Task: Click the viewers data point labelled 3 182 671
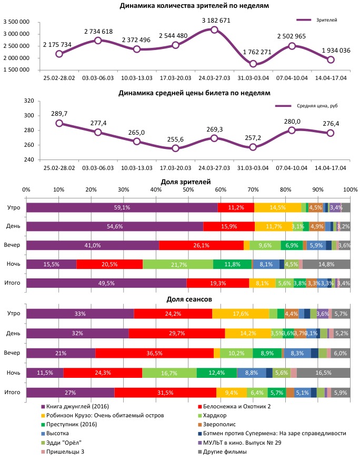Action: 214,30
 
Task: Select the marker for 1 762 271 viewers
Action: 253,64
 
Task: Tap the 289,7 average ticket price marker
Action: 59,123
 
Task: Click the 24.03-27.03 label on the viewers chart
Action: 214,78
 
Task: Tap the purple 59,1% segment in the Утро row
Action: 122,207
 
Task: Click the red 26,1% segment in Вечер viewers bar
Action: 201,245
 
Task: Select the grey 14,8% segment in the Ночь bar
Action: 326,264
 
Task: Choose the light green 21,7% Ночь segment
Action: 178,264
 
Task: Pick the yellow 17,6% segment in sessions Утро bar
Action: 241,314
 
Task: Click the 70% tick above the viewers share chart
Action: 253,189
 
